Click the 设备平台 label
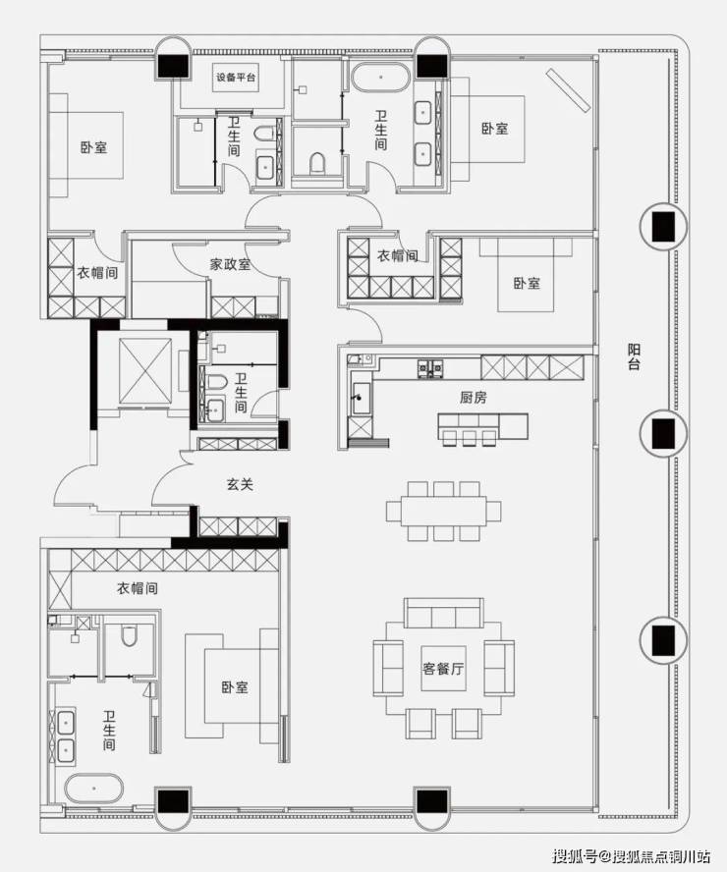click(236, 78)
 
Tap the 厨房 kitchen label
click(474, 398)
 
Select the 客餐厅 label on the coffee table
click(443, 669)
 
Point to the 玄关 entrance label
click(241, 484)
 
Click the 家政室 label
click(230, 264)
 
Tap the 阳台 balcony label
click(634, 357)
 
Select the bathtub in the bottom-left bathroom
click(92, 788)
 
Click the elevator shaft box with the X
click(145, 370)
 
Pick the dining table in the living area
click(443, 511)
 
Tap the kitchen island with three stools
click(482, 426)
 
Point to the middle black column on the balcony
click(663, 433)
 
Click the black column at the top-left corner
click(173, 66)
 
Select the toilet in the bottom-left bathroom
click(129, 636)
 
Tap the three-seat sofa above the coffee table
click(444, 614)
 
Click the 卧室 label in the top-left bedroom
click(93, 147)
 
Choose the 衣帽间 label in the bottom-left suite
click(138, 588)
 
